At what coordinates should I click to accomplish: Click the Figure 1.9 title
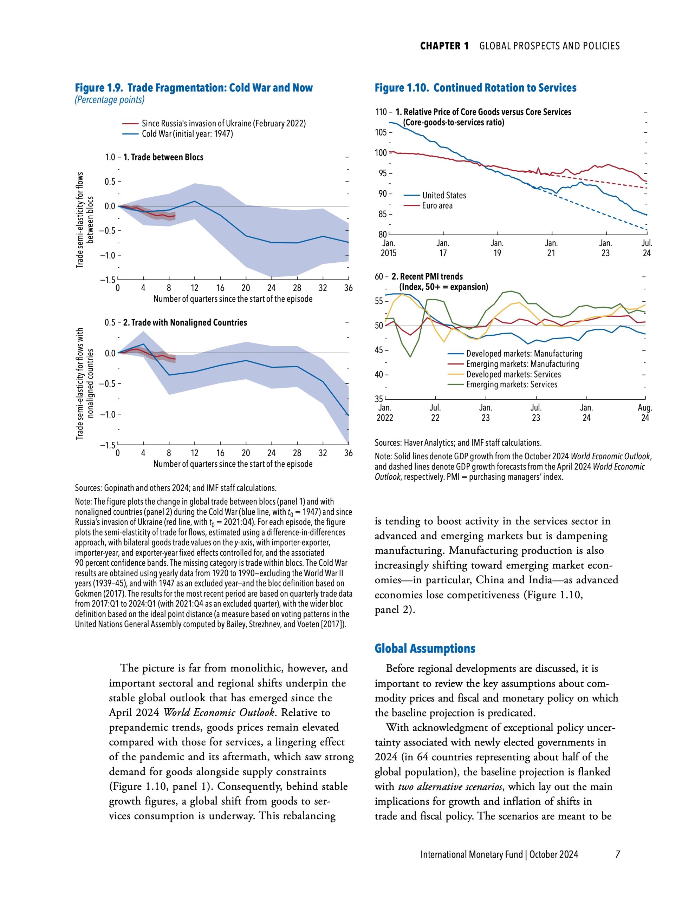(x=194, y=88)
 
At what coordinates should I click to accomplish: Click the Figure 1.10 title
(x=475, y=88)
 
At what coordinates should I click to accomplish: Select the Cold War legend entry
(x=187, y=134)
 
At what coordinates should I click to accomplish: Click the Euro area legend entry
(x=437, y=205)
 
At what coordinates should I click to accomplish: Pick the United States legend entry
(x=444, y=195)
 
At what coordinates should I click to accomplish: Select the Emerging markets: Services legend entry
(x=511, y=385)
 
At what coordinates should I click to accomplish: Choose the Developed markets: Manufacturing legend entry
(x=524, y=354)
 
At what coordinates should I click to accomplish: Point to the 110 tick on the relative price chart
(x=381, y=112)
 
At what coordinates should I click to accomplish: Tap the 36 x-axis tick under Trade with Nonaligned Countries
(x=348, y=453)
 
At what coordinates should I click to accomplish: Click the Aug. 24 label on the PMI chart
(x=645, y=413)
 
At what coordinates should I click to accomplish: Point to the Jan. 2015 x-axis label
(x=389, y=248)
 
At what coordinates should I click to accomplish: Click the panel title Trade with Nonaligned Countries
(x=185, y=322)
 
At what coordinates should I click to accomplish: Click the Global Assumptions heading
(x=425, y=649)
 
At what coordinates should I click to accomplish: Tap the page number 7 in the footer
(x=617, y=854)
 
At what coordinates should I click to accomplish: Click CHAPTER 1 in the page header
(x=444, y=46)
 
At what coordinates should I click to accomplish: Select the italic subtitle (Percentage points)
(x=110, y=100)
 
